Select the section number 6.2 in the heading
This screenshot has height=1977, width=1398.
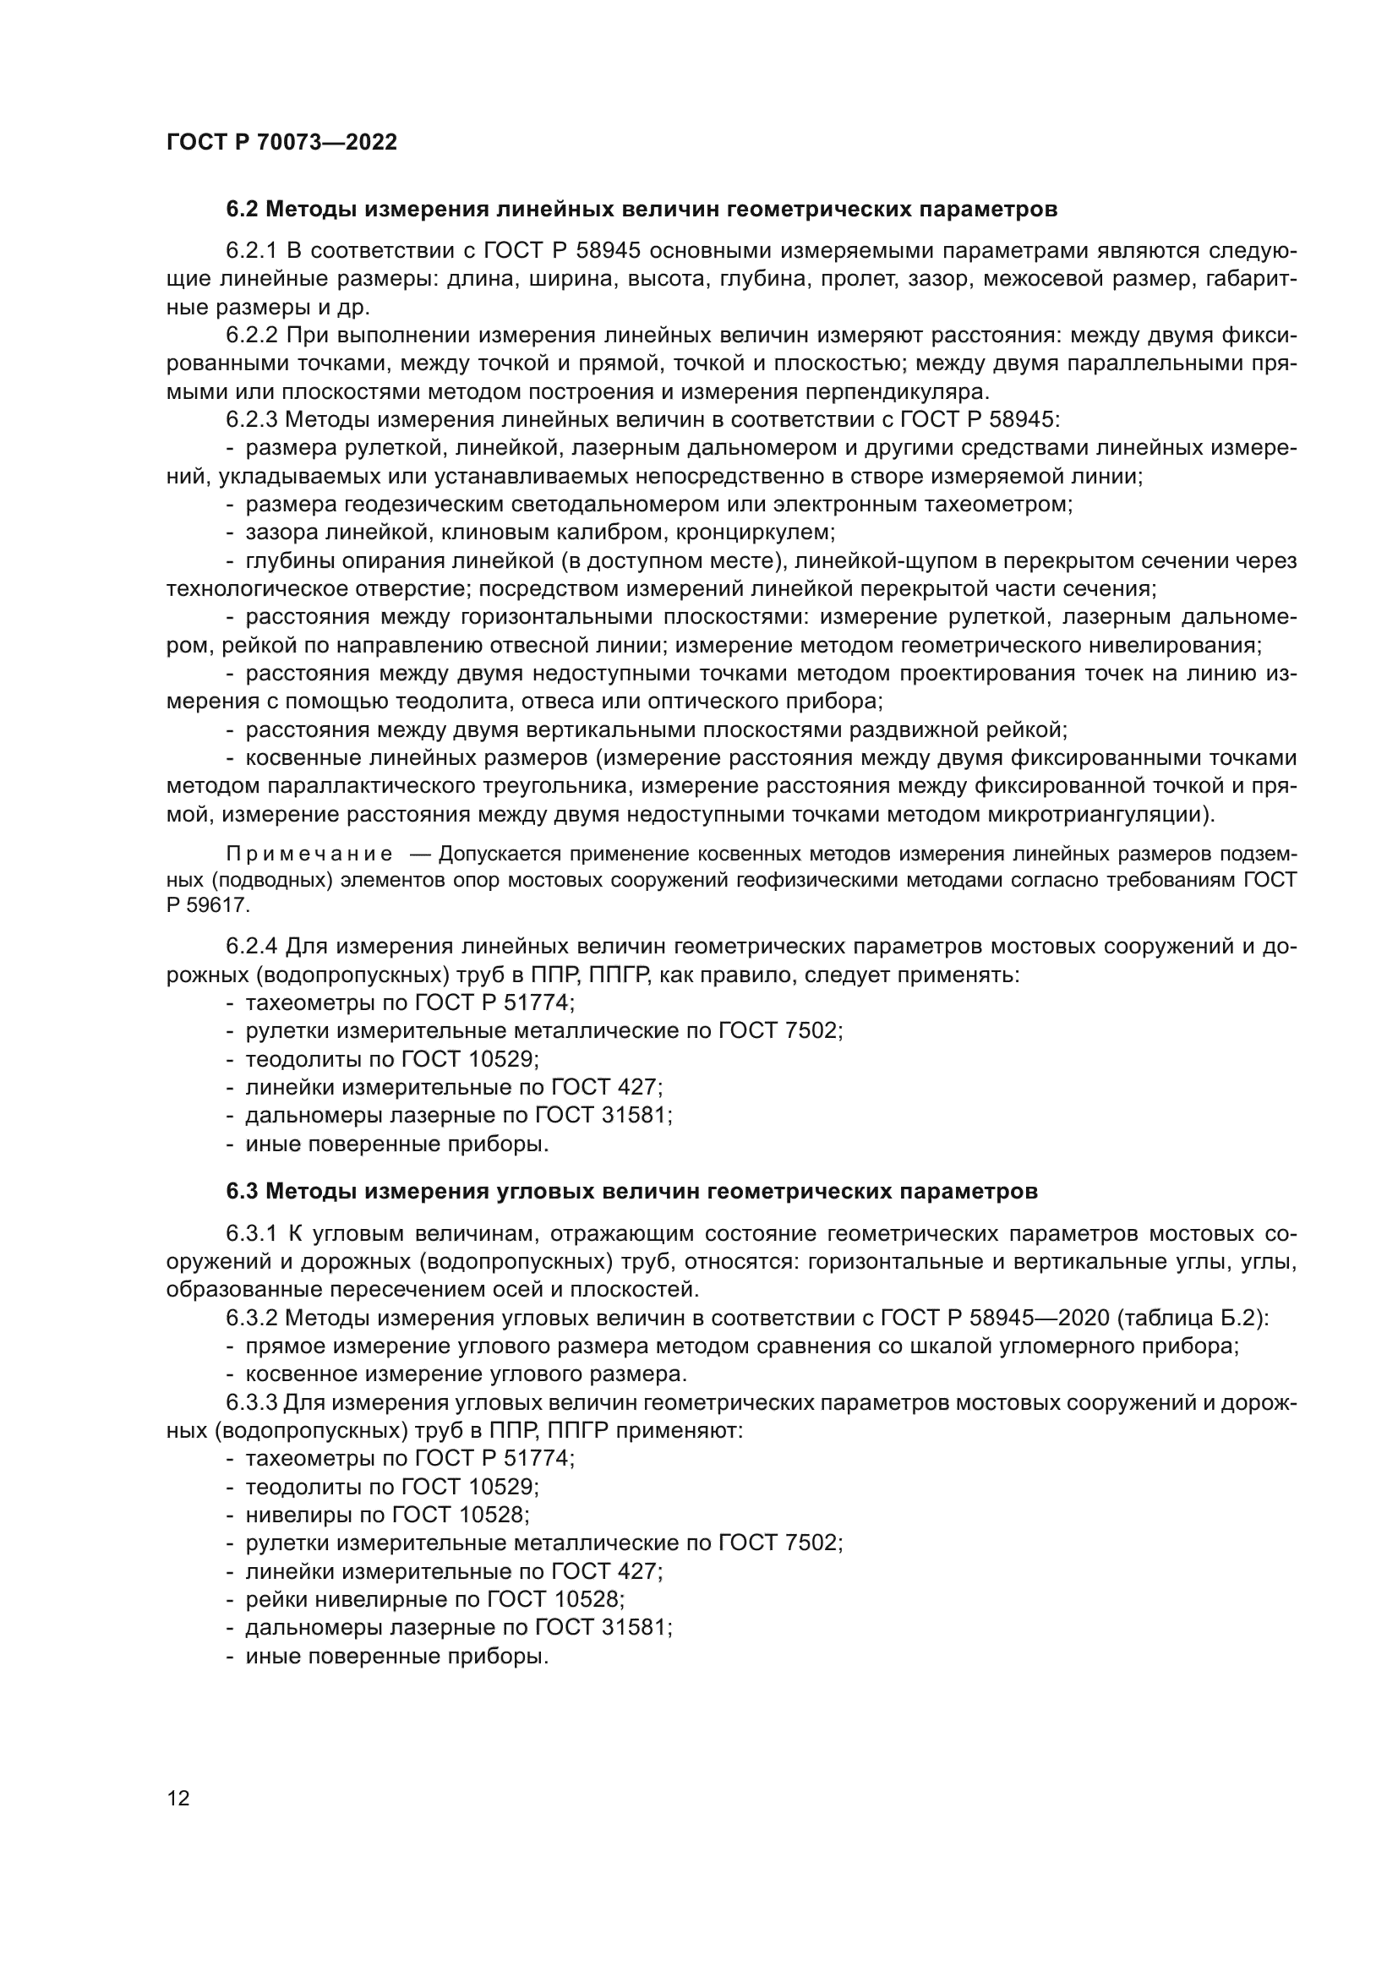(x=243, y=210)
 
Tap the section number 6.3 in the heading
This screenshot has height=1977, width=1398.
(x=243, y=1192)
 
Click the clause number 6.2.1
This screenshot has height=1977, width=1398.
(x=251, y=250)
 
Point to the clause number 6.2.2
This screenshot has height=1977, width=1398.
(x=251, y=335)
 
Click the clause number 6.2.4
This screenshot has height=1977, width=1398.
(x=251, y=947)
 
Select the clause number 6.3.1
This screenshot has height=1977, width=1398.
(x=251, y=1234)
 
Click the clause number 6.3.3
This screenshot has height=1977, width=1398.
(x=251, y=1403)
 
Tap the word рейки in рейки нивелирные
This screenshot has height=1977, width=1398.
(x=276, y=1599)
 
